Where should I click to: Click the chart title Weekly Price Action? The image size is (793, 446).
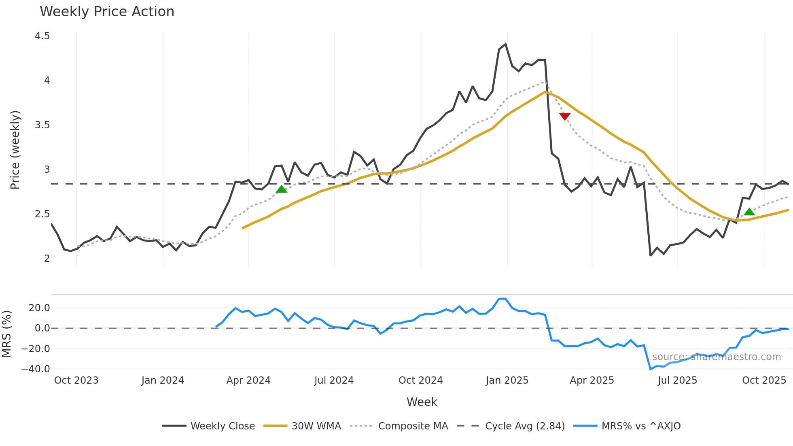(x=107, y=12)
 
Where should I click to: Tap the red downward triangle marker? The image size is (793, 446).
(x=564, y=117)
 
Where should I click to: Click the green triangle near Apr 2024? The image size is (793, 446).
(x=282, y=189)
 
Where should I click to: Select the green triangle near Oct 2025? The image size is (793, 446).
(x=749, y=212)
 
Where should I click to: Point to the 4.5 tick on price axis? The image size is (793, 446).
(x=42, y=36)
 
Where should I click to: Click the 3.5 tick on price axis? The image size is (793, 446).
(x=42, y=125)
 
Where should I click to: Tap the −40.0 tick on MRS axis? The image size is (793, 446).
(x=36, y=369)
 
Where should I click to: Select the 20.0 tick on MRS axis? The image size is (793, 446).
(x=39, y=308)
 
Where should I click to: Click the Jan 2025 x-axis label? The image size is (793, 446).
(x=507, y=380)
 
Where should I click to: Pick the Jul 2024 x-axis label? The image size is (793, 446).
(x=334, y=380)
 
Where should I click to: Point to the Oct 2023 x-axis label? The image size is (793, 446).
(x=76, y=380)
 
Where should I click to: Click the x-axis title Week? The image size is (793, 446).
(x=422, y=402)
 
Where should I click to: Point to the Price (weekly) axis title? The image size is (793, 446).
(x=15, y=150)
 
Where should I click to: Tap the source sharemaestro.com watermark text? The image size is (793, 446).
(x=716, y=357)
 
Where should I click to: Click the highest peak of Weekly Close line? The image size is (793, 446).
(x=505, y=44)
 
